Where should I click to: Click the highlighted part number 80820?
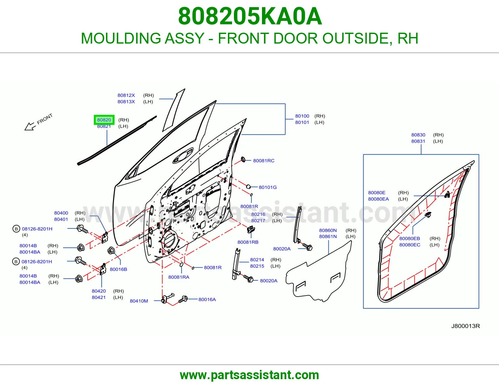(x=104, y=120)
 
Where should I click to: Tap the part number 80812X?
(x=126, y=95)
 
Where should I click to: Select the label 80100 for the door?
(x=302, y=116)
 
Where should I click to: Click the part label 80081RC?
(x=264, y=161)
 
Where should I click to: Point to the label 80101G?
(x=268, y=187)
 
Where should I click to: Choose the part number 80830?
(x=418, y=135)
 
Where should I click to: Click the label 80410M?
(x=139, y=301)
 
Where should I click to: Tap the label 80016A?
(x=207, y=299)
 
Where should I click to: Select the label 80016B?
(x=119, y=269)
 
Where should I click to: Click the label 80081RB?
(x=248, y=242)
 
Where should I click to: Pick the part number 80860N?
(x=328, y=230)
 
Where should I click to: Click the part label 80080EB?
(x=410, y=238)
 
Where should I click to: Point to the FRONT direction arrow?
(x=30, y=126)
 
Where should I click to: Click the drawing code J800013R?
(x=465, y=326)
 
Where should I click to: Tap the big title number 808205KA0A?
(x=250, y=16)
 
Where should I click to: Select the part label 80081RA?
(x=179, y=277)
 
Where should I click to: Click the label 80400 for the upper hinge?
(x=61, y=213)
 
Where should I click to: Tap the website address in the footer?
(x=249, y=375)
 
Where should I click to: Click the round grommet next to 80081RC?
(x=243, y=159)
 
